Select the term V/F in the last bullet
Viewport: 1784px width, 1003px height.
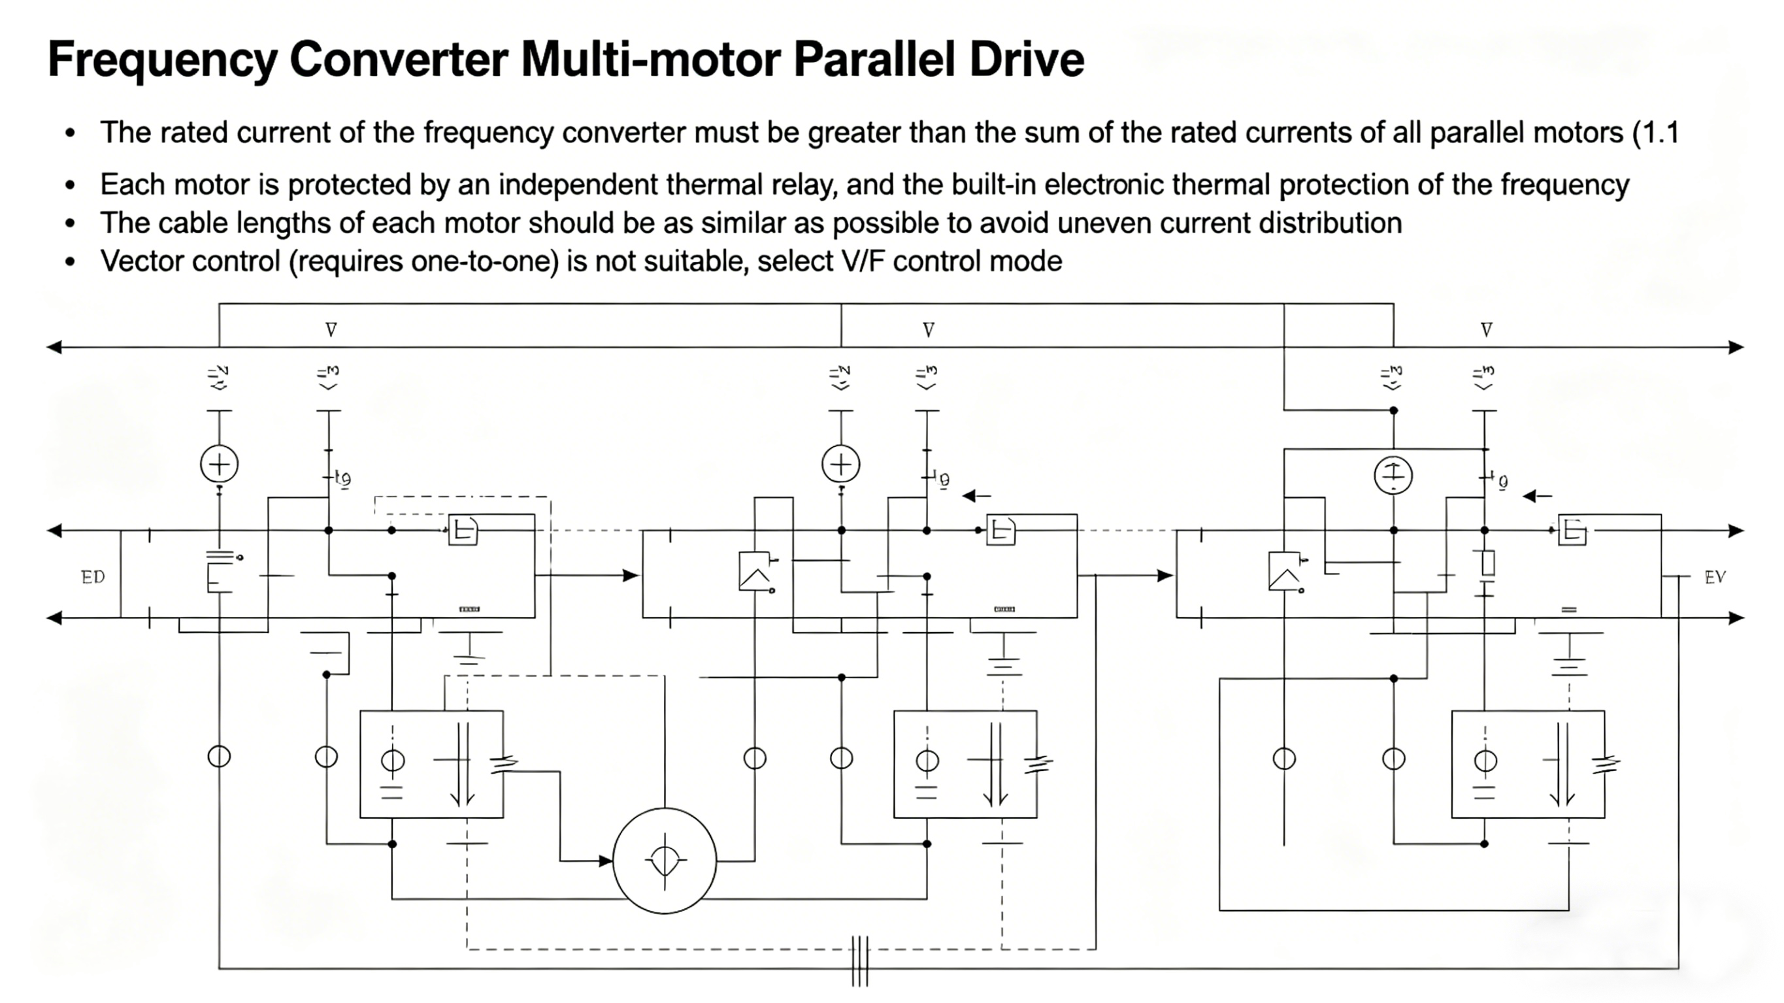tap(865, 262)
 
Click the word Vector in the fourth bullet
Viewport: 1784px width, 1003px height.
tap(141, 262)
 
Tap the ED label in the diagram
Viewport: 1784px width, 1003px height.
tap(93, 577)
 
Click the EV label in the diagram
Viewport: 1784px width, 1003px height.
tap(1715, 577)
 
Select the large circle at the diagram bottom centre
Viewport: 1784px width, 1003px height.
tap(664, 861)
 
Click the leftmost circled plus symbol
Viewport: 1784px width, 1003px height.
tap(219, 464)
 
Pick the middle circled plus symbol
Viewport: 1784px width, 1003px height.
tap(841, 464)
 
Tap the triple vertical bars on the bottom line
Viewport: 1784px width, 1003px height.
tap(859, 961)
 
